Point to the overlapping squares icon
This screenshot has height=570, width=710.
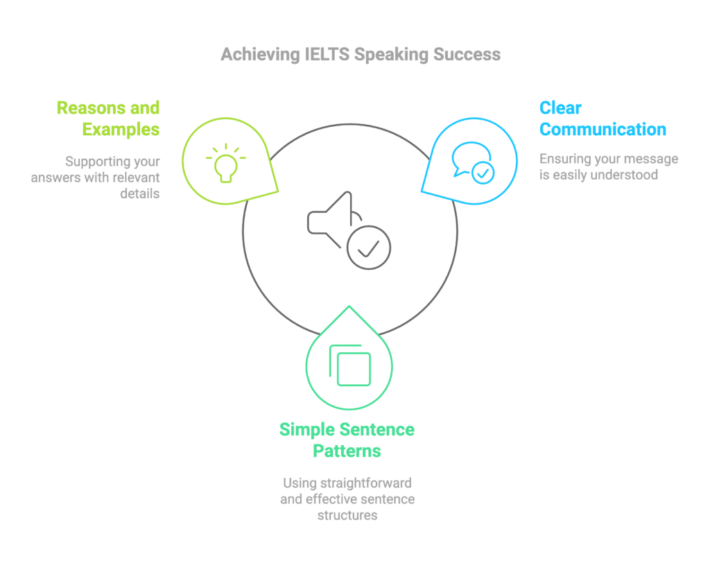(x=349, y=365)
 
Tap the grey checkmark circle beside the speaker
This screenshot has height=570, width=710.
(x=368, y=248)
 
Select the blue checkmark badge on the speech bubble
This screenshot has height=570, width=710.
(x=483, y=171)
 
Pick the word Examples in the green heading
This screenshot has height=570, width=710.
(x=121, y=129)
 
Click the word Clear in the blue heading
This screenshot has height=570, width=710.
(x=560, y=108)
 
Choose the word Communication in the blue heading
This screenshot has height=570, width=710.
(x=603, y=129)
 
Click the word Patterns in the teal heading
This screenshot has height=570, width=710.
(x=347, y=451)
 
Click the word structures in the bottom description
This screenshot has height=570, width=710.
(x=347, y=515)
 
